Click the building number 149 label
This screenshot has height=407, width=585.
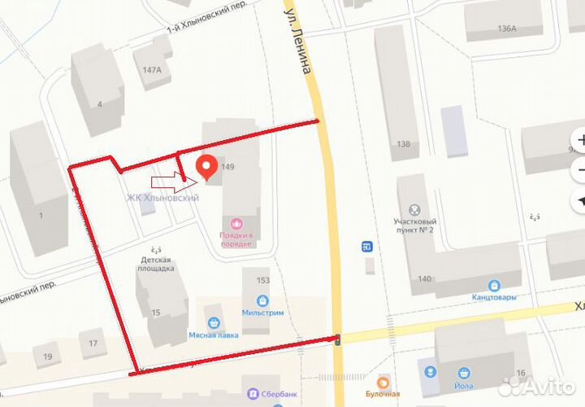pyautogui.click(x=227, y=168)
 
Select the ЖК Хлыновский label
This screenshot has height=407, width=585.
pyautogui.click(x=162, y=198)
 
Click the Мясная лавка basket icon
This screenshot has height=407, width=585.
pyautogui.click(x=214, y=322)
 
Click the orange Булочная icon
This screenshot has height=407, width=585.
pyautogui.click(x=383, y=380)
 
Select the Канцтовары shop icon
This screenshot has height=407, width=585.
pyautogui.click(x=493, y=285)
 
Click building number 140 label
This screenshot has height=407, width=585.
pyautogui.click(x=424, y=279)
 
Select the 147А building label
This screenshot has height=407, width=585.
pyautogui.click(x=152, y=70)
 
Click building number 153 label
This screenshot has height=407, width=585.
pyautogui.click(x=263, y=280)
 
